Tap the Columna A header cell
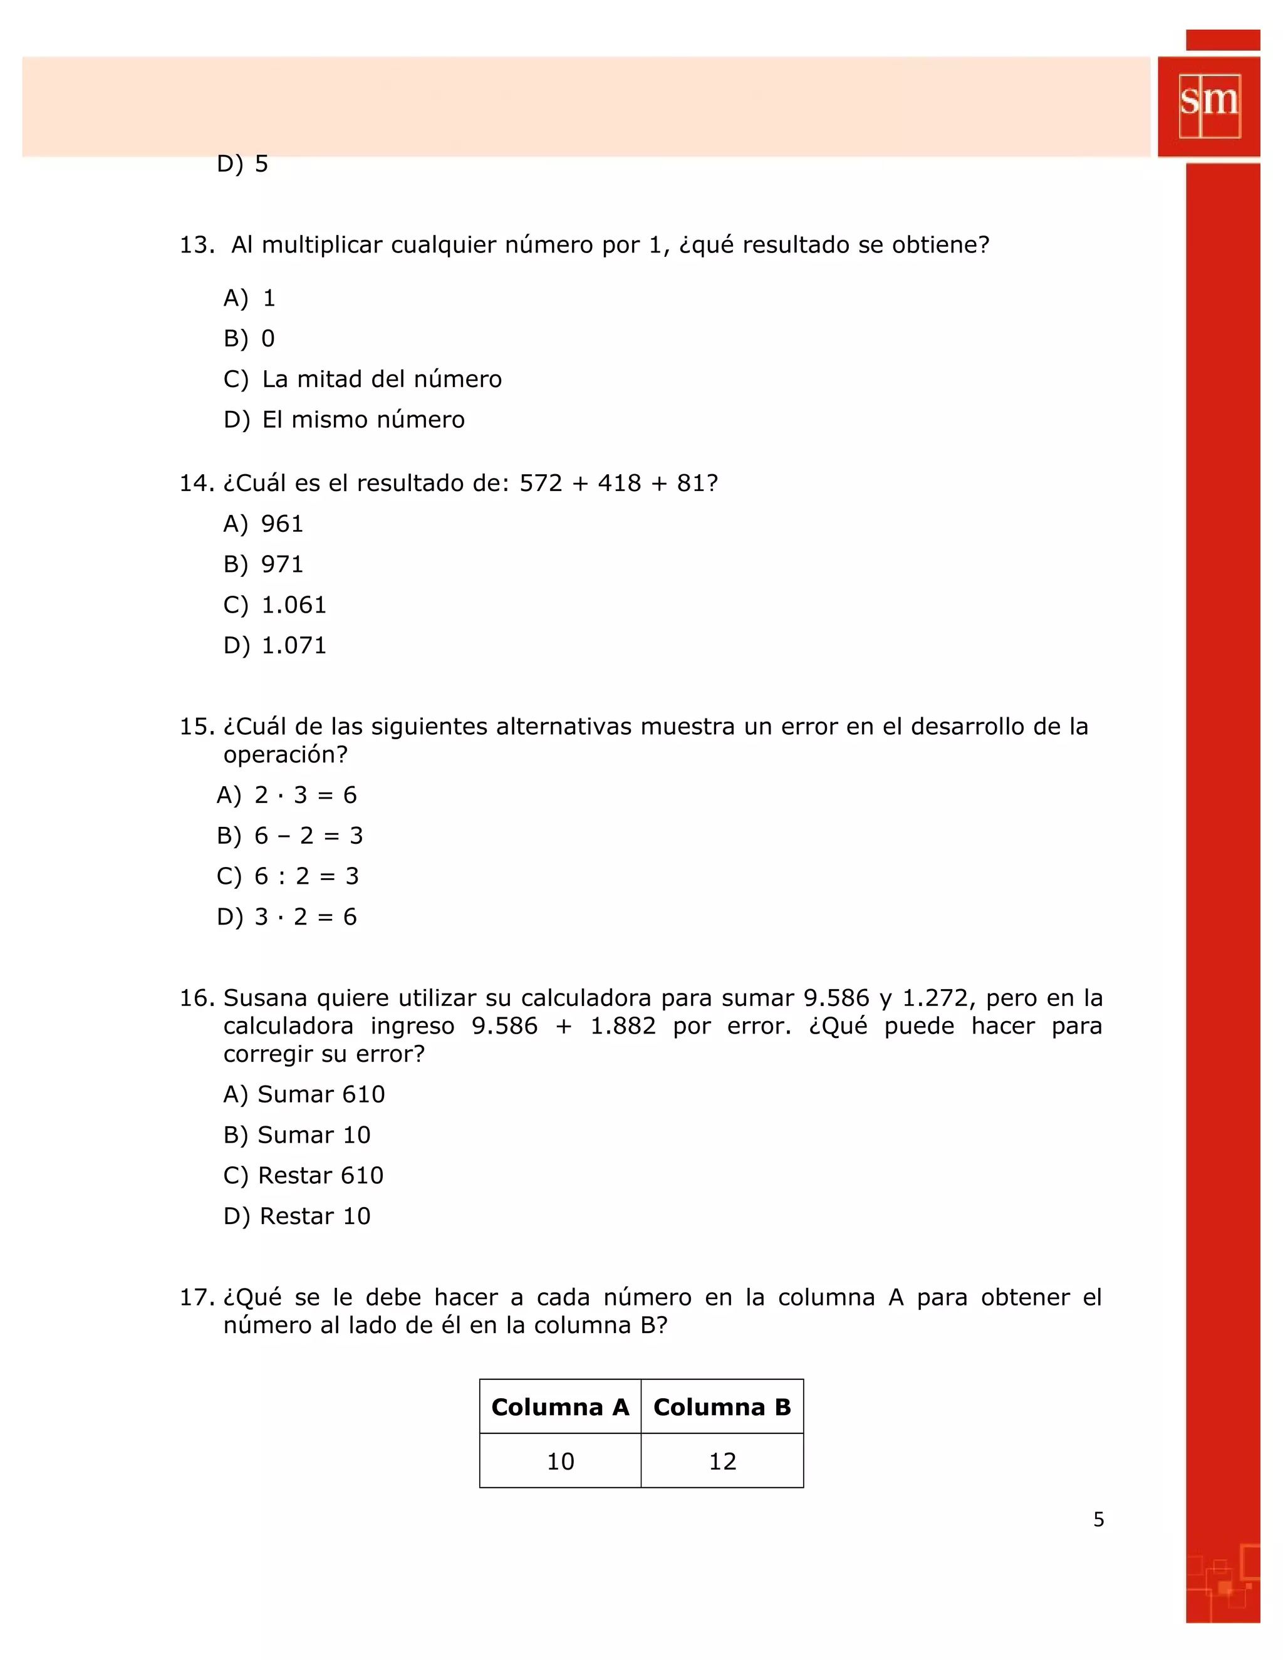560,1407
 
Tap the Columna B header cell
722,1407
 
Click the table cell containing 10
560,1461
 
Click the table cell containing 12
722,1461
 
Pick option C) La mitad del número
363,379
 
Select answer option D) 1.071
274,645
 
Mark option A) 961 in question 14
263,524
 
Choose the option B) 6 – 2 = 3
289,835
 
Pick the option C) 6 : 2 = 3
288,876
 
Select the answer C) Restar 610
303,1175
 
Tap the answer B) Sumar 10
296,1135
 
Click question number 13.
196,245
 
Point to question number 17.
196,1297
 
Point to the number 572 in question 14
541,484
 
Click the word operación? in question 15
285,755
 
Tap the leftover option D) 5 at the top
242,163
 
